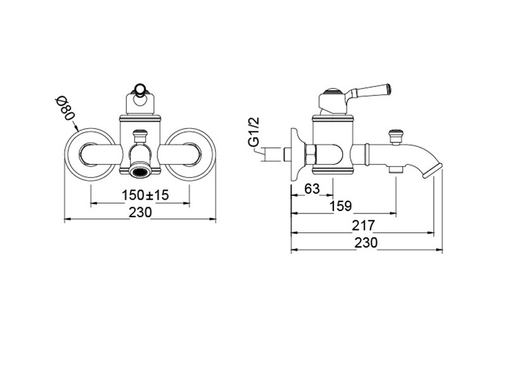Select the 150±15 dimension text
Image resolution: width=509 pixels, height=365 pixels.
click(145, 195)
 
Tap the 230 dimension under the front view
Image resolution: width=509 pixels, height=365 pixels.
click(140, 212)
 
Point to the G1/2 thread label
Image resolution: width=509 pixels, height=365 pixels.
click(255, 132)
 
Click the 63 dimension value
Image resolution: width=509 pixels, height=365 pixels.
click(312, 189)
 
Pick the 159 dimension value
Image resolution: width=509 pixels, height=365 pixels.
click(341, 206)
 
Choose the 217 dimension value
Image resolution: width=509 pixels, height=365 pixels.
click(364, 225)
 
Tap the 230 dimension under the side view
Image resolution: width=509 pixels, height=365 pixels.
click(366, 242)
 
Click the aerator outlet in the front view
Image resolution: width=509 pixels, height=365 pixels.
click(140, 171)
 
